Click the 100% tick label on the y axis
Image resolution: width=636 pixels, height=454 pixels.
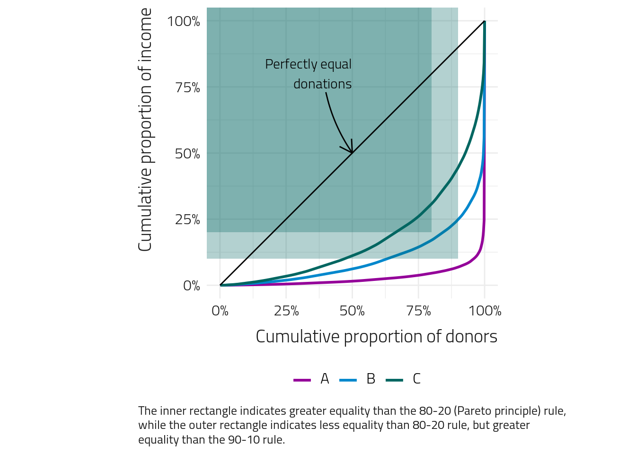(x=184, y=22)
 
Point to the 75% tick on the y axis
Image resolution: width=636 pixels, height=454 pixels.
(x=187, y=88)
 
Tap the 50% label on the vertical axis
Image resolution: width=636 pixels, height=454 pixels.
(x=187, y=154)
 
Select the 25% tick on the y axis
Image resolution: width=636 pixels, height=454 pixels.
(x=187, y=220)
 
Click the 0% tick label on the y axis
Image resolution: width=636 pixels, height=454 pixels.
(x=192, y=286)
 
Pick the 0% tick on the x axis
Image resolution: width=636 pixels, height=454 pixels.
(x=220, y=311)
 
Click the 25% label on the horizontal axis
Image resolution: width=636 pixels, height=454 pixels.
(x=286, y=311)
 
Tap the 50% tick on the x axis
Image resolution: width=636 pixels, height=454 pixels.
(x=353, y=311)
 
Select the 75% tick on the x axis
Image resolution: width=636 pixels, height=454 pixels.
(x=419, y=311)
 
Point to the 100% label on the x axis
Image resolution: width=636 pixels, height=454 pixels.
(x=485, y=311)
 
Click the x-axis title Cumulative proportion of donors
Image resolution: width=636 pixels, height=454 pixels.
(x=376, y=337)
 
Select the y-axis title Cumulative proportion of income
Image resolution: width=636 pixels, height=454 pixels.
(x=145, y=130)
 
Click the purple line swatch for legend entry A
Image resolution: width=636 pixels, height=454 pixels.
(x=302, y=380)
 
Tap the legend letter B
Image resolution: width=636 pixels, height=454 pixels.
(x=371, y=379)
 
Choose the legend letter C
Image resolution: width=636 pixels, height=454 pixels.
(x=416, y=379)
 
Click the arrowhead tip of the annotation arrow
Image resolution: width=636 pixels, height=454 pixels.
(x=352, y=152)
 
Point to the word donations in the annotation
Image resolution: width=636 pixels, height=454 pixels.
(x=322, y=84)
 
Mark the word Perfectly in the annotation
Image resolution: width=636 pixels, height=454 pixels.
(x=285, y=64)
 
